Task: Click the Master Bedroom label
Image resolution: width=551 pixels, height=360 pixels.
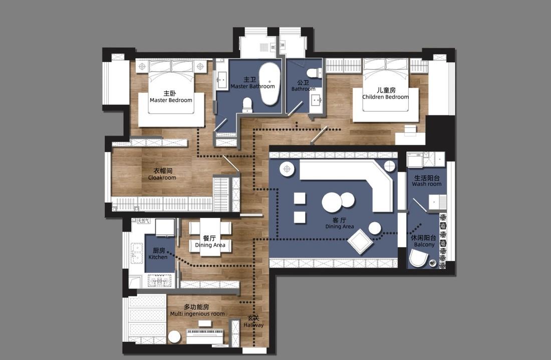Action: (171, 97)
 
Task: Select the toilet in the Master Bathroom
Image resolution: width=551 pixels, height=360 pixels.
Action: (247, 104)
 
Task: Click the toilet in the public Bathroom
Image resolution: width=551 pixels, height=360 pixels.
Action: (313, 73)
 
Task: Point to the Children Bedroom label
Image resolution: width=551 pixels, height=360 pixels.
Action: (385, 94)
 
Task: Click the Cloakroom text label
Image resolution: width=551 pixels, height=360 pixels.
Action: (162, 174)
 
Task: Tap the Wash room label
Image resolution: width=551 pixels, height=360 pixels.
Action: (427, 181)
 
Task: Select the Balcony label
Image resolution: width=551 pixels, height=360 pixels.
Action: (424, 241)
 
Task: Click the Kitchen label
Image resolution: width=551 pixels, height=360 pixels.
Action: (158, 254)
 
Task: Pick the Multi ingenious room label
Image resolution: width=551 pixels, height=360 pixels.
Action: (197, 310)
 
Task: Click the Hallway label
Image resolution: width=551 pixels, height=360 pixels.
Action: (253, 322)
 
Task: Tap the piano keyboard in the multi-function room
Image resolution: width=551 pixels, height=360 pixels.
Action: (204, 331)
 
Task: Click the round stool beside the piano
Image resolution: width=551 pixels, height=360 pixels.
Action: (174, 337)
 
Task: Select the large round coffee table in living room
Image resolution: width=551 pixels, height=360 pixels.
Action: (332, 202)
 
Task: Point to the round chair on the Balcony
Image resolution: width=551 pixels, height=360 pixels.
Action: (418, 258)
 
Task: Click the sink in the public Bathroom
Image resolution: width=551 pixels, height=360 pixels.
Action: (316, 101)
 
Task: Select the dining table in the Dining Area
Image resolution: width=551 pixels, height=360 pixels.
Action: (210, 237)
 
